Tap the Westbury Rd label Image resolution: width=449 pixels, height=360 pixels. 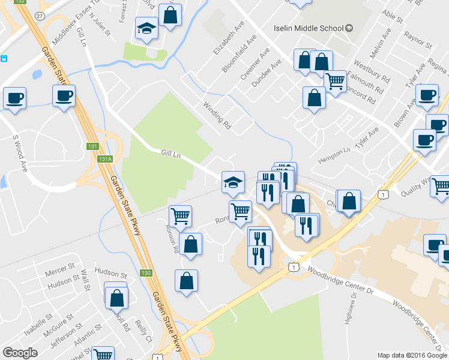(x=372, y=70)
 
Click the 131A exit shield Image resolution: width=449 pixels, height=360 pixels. (x=106, y=159)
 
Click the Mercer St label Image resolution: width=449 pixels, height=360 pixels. (x=59, y=265)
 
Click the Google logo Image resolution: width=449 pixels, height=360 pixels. (x=20, y=353)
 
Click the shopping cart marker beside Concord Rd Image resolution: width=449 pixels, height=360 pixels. (x=335, y=81)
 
